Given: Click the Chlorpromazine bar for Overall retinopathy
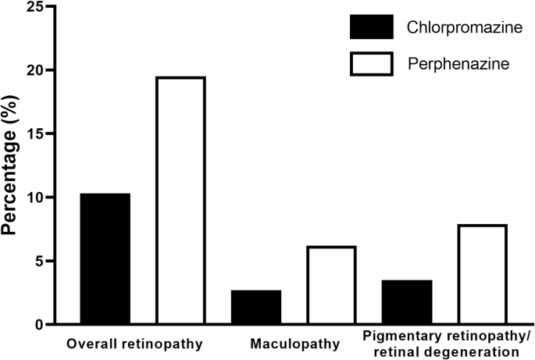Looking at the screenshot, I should pos(105,258).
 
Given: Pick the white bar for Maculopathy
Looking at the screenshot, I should pos(331,285).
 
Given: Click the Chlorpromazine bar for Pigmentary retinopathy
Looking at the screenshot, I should pos(407,301).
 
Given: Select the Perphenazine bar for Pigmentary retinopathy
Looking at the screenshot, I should pos(482,274).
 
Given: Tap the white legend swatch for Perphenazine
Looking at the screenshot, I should pos(373,63).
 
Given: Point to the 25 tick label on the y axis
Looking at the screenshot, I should pos(34,7).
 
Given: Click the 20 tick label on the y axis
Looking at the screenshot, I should pos(34,70).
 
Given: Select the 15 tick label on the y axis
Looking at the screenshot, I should pos(34,134).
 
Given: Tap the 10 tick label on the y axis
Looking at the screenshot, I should pos(34,198).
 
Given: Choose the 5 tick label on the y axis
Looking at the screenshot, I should pos(40,261).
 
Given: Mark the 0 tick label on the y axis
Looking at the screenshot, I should pos(40,324).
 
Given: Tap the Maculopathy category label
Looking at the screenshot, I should pos(295,343).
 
